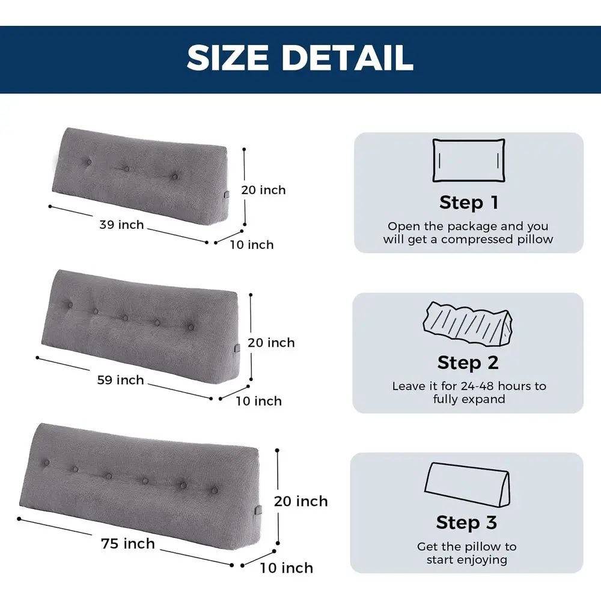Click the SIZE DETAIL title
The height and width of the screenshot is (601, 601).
300,58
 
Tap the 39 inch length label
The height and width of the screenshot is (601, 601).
121,225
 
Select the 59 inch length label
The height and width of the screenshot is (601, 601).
121,380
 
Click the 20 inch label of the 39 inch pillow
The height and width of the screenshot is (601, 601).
263,190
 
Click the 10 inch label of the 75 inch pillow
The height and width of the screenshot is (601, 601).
286,568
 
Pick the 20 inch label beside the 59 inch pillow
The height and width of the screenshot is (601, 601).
272,343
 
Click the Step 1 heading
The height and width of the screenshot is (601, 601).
469,203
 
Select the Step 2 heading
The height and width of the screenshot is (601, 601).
468,363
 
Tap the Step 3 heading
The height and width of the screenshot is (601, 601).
467,523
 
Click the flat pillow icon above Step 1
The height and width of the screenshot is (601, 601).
469,160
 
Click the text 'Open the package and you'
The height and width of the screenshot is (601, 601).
468,227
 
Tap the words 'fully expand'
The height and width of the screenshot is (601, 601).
469,399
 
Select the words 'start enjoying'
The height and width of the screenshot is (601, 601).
467,560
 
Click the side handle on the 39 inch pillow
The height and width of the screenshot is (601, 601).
226,197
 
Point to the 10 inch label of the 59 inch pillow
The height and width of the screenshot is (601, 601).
258,401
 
